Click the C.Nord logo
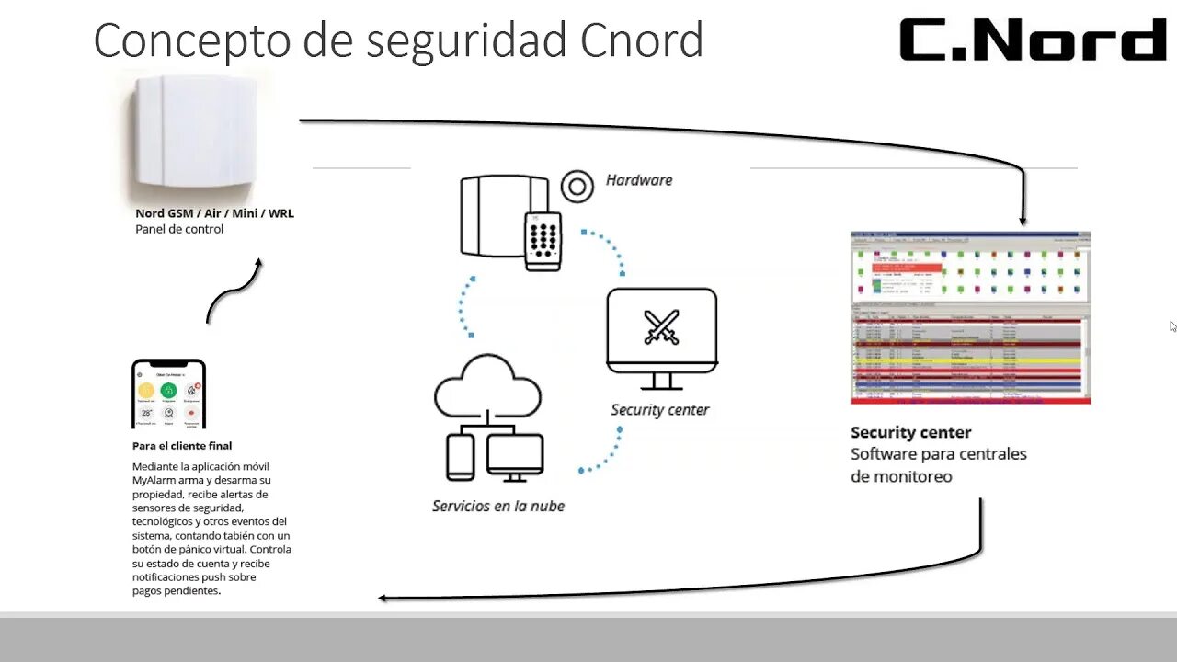pyautogui.click(x=1032, y=40)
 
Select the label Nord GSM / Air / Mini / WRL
pyautogui.click(x=214, y=213)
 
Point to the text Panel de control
pyautogui.click(x=179, y=229)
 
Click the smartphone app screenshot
pyautogui.click(x=168, y=394)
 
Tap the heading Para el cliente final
pyautogui.click(x=182, y=446)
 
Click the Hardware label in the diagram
pyautogui.click(x=639, y=180)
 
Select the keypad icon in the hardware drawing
pyautogui.click(x=543, y=240)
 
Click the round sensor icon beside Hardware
pyautogui.click(x=577, y=187)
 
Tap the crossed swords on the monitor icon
pyautogui.click(x=661, y=327)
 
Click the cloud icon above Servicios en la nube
pyautogui.click(x=487, y=386)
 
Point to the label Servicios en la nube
pyautogui.click(x=498, y=506)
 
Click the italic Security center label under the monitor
pyautogui.click(x=660, y=410)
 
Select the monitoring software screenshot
pyautogui.click(x=970, y=317)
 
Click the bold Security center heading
pyautogui.click(x=910, y=432)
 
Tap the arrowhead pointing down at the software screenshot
pyautogui.click(x=1023, y=219)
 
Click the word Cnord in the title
pyautogui.click(x=642, y=41)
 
